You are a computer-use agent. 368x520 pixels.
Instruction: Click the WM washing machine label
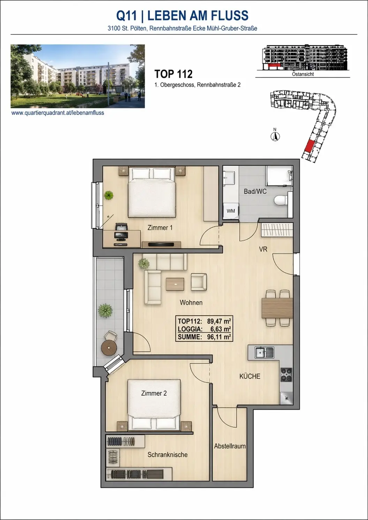coord(231,211)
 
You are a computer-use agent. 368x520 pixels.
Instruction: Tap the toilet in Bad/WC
coord(280,200)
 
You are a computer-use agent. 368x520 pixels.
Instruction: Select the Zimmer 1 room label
coord(160,228)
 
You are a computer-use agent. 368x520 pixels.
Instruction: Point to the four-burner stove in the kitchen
coord(286,375)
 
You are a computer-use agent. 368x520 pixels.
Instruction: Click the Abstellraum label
coord(230,446)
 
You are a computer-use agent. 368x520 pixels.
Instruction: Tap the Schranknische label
coord(167,455)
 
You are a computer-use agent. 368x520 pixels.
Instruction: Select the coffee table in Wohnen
coord(175,284)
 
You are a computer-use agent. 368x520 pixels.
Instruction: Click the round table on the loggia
coord(109,348)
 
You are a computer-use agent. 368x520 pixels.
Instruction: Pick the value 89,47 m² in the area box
coord(219,321)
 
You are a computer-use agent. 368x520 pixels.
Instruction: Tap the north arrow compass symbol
coord(275,136)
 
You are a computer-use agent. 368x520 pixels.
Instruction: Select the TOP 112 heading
coord(173,74)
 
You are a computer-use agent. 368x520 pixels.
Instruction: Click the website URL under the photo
coord(58,113)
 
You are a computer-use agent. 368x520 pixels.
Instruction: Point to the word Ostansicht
coord(303,74)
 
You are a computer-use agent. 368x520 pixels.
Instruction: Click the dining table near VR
coord(277,308)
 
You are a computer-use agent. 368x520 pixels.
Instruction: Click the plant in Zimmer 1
coord(109,195)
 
